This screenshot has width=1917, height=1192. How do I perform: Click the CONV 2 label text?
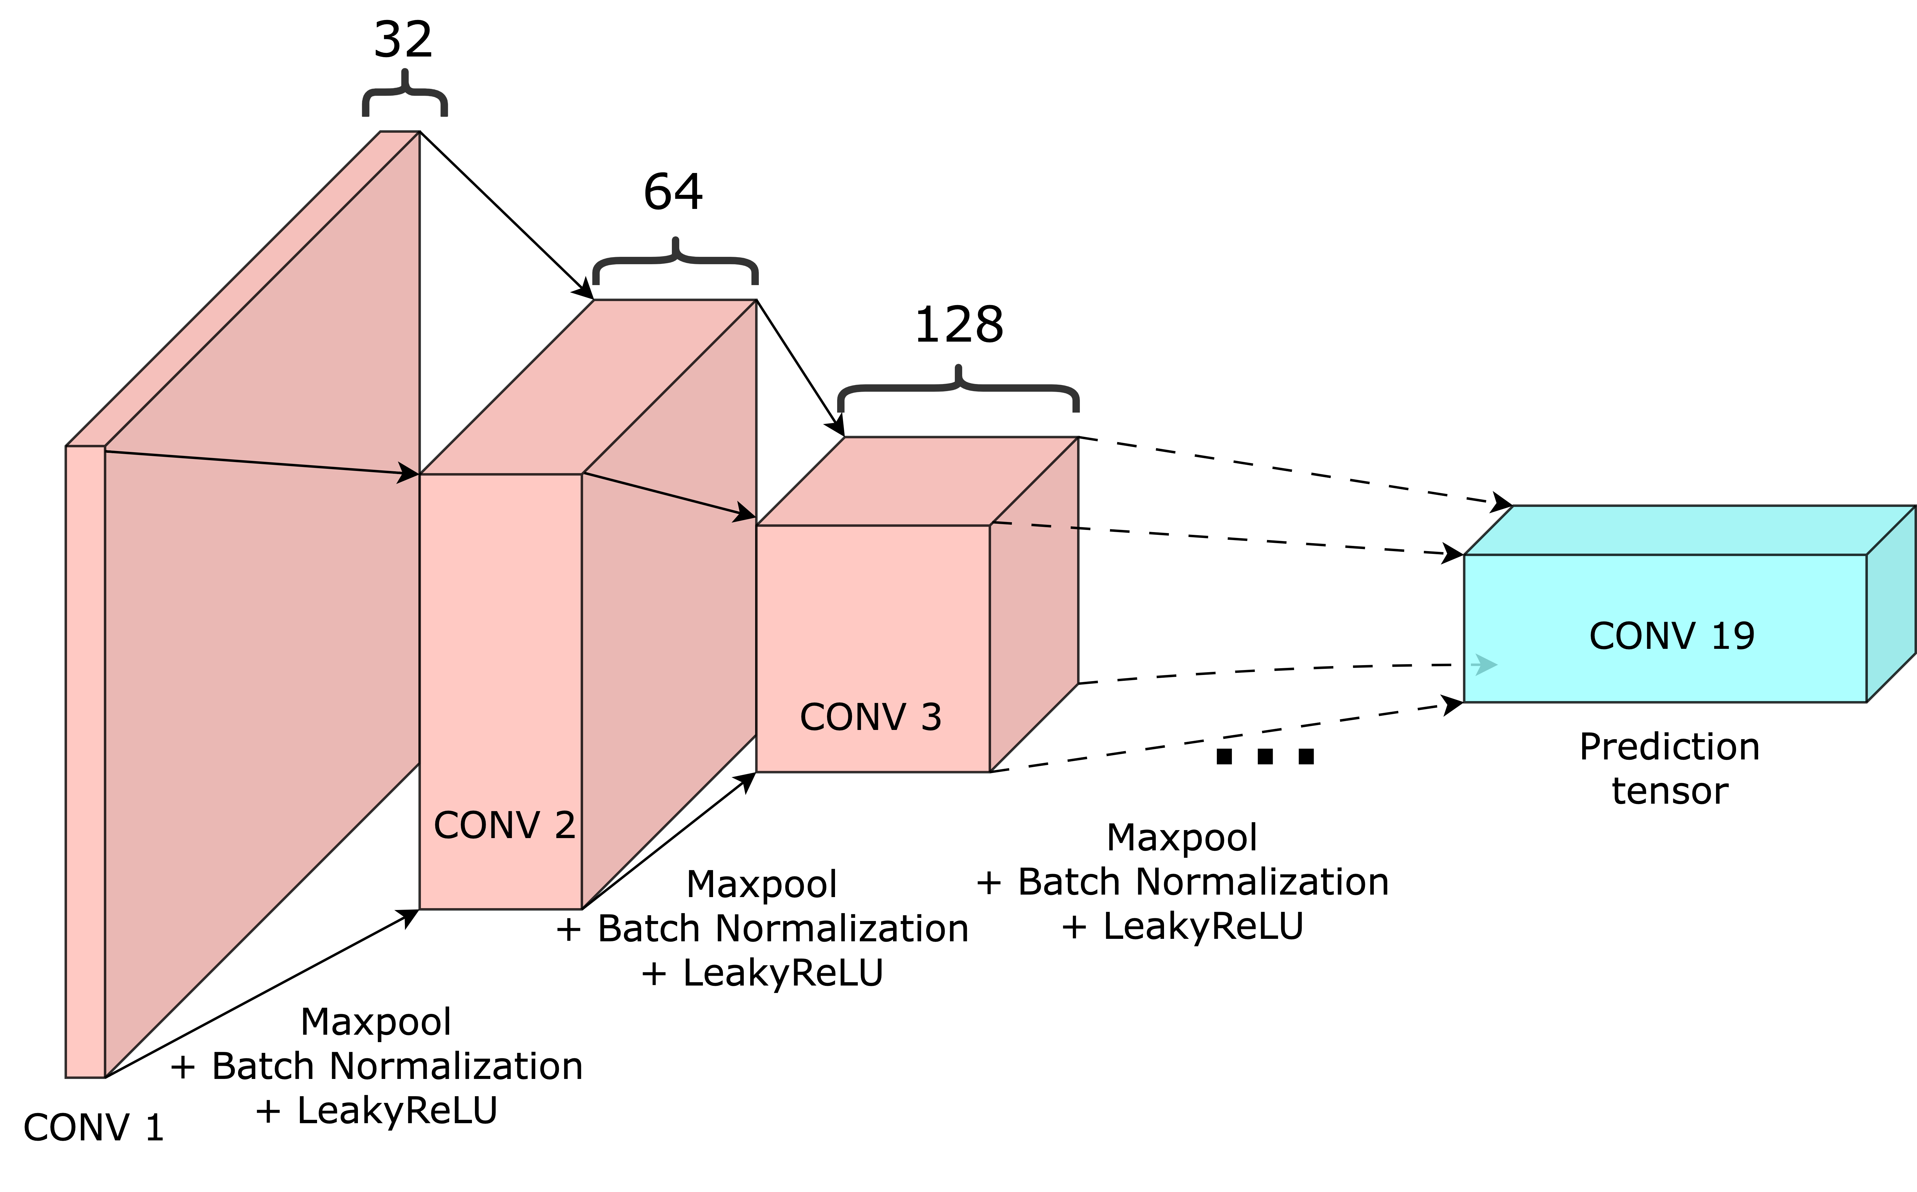point(504,825)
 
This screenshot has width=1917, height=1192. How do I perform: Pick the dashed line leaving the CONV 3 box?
point(1037,525)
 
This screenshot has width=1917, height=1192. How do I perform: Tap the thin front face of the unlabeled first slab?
point(85,761)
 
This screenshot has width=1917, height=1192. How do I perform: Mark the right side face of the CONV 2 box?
point(668,631)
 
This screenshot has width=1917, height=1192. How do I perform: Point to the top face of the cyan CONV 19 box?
point(1687,531)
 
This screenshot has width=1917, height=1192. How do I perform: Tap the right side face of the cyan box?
point(1890,604)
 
